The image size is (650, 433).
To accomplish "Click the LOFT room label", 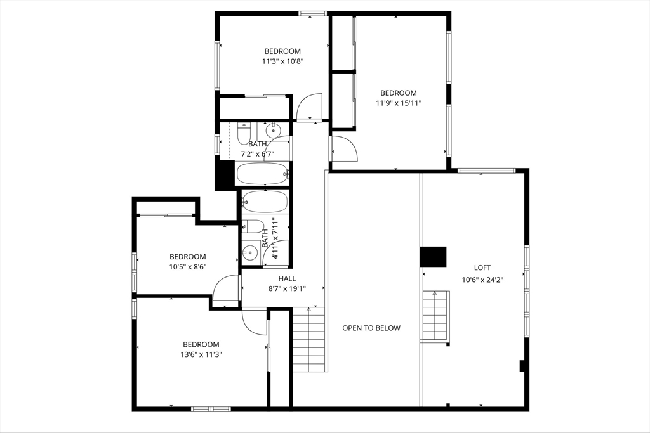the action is (482, 268).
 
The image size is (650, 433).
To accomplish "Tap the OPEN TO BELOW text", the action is (371, 328).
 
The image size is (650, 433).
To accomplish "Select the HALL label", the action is (287, 278).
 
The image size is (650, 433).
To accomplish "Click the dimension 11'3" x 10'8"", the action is (282, 61).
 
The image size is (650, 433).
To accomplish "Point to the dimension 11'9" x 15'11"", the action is (399, 103).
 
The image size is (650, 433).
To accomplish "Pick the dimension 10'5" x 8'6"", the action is (188, 267).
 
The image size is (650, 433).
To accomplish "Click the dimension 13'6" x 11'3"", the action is (201, 354).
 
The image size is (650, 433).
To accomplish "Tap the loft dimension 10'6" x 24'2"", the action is (482, 280).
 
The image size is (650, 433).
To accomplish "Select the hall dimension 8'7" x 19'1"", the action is (287, 289).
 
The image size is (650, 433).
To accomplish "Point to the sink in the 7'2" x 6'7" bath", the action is (273, 131).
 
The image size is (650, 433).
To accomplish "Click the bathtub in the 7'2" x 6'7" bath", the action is (263, 174).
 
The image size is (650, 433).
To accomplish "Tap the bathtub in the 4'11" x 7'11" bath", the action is (265, 202).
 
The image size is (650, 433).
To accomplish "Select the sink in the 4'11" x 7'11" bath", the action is (250, 251).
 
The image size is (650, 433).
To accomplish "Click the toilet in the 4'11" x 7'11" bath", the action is (253, 227).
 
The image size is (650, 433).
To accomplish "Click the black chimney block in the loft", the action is (433, 257).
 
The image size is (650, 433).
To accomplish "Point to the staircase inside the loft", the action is (435, 316).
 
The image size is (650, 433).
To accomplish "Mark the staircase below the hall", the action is (309, 339).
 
